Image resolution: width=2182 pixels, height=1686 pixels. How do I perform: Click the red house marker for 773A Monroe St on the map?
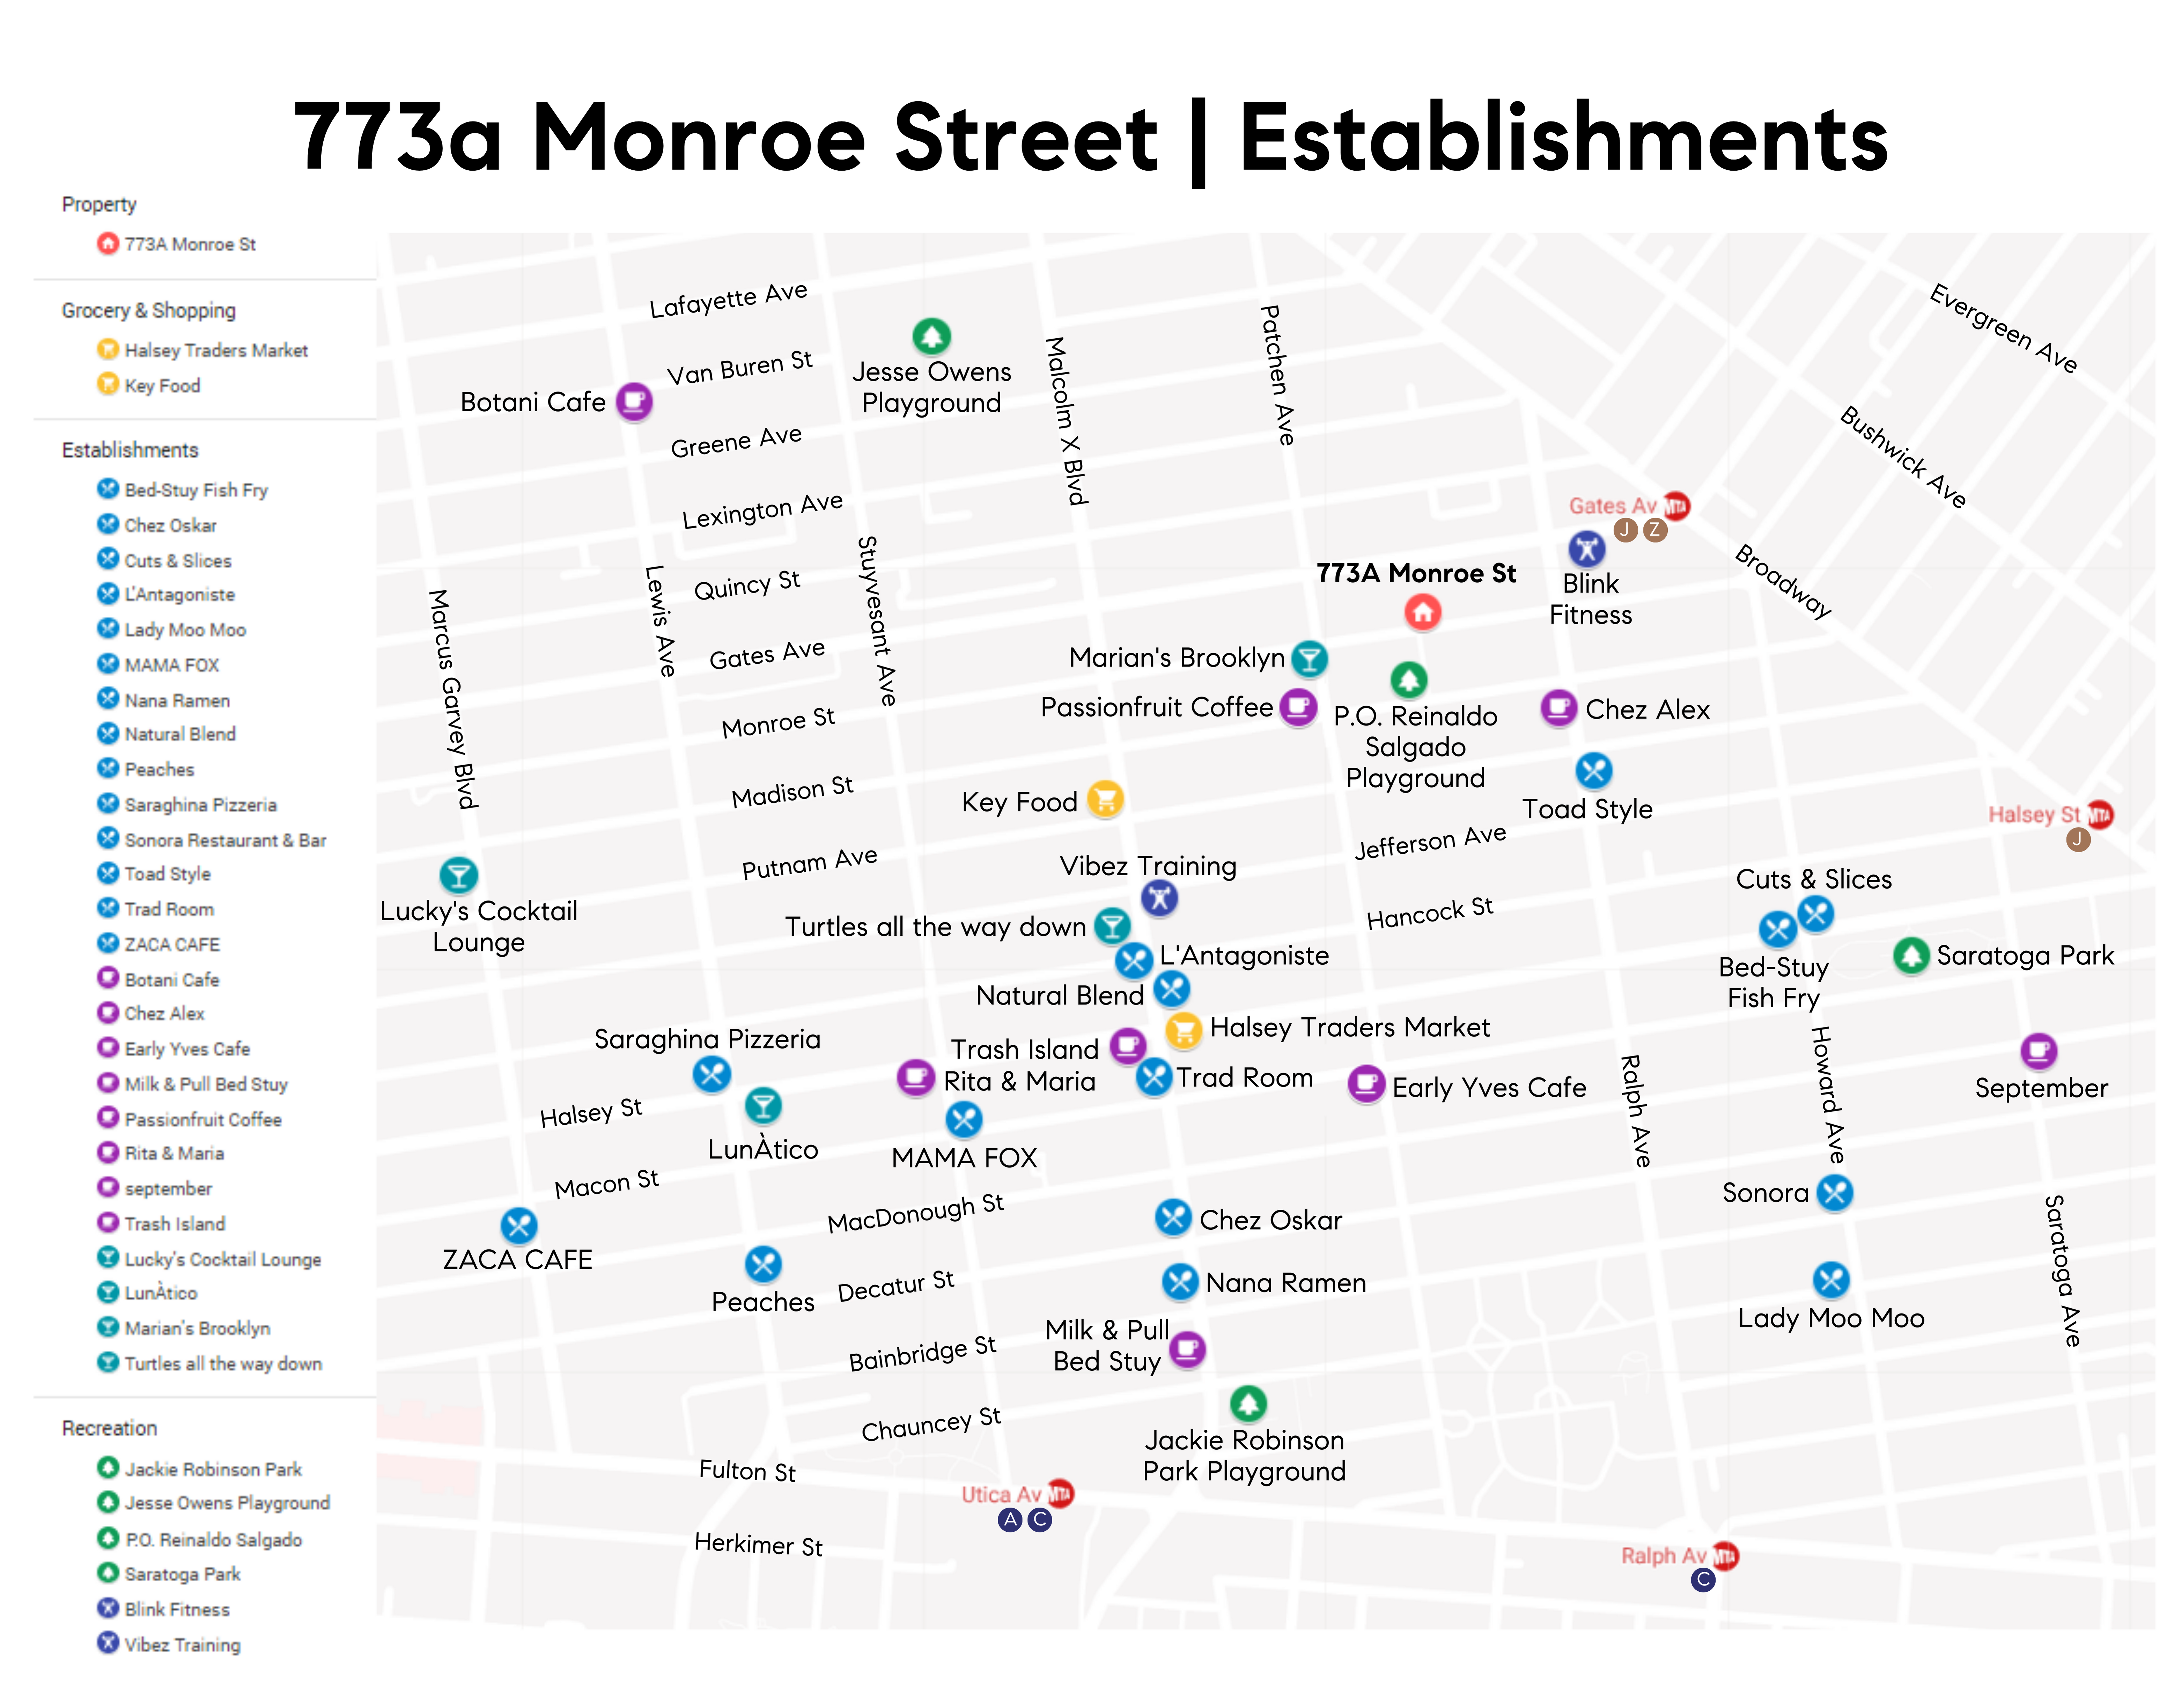tap(1423, 611)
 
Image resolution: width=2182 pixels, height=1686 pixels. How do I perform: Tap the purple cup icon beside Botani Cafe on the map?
tap(633, 401)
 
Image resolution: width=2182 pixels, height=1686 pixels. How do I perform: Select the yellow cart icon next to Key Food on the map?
tap(1105, 798)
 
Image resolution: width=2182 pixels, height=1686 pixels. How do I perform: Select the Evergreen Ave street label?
tap(2003, 328)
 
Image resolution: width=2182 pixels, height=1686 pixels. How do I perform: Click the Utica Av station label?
tap(1001, 1494)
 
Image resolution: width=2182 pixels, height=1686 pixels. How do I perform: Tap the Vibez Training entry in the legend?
tap(182, 1644)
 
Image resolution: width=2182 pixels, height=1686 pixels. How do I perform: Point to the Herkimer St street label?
tap(758, 1544)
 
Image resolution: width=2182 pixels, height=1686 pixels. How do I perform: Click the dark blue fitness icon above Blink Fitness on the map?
tap(1586, 548)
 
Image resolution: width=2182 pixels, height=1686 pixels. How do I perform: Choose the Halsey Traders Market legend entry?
tap(216, 350)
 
